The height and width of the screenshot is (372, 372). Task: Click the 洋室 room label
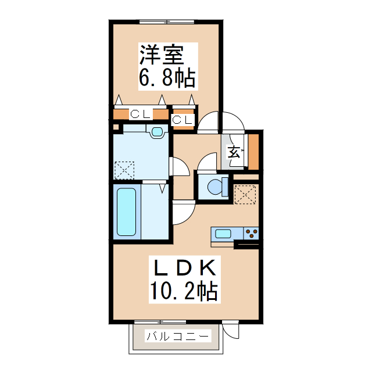pyautogui.click(x=161, y=55)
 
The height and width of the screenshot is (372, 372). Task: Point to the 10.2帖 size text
pyautogui.click(x=184, y=289)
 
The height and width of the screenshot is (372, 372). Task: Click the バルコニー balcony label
pyautogui.click(x=177, y=336)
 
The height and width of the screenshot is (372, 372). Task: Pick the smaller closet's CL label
pyautogui.click(x=183, y=119)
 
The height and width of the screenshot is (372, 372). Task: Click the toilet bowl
pyautogui.click(x=216, y=188)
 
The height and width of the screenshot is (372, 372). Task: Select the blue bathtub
pyautogui.click(x=127, y=212)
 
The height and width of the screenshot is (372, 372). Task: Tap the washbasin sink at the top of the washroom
pyautogui.click(x=156, y=132)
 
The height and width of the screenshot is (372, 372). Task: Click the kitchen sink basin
pyautogui.click(x=224, y=234)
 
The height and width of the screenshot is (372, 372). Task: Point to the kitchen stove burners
pyautogui.click(x=252, y=234)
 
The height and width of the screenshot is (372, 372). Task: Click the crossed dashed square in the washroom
pyautogui.click(x=124, y=170)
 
